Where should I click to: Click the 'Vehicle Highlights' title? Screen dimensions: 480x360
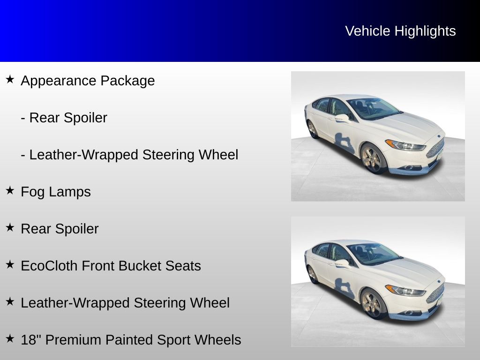coord(400,31)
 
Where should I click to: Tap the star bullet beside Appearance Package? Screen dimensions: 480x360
coord(10,79)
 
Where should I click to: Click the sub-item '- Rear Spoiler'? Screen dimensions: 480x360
coord(64,118)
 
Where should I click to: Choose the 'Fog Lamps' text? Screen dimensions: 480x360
coord(56,192)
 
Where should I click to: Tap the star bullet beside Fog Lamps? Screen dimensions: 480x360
coord(10,190)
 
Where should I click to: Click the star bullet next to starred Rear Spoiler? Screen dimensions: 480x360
coord(10,227)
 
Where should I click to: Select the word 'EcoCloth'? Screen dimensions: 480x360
coord(49,266)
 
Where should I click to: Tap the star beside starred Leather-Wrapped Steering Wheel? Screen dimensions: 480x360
coord(10,301)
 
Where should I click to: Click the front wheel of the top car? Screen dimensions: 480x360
coord(372,158)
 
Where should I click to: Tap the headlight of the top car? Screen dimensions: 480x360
coord(405,145)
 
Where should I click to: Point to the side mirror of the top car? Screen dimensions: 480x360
coord(342,118)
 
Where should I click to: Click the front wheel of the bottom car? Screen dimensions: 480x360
coord(372,304)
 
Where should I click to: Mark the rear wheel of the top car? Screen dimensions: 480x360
coord(312,129)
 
